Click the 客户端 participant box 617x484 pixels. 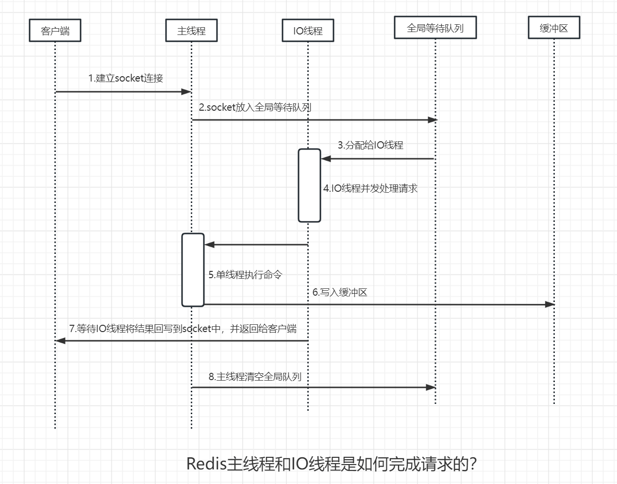click(x=55, y=31)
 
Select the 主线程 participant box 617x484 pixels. click(x=191, y=31)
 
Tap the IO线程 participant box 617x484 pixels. click(x=308, y=31)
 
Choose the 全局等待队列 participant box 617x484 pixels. click(x=435, y=28)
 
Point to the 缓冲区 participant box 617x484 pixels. click(x=553, y=28)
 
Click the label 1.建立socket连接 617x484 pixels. click(x=126, y=78)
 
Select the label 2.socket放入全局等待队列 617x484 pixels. click(x=255, y=107)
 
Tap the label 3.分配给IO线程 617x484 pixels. click(x=370, y=145)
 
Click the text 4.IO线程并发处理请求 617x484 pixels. click(x=370, y=188)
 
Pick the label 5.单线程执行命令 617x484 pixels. click(x=245, y=275)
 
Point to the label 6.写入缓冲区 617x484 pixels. click(x=340, y=292)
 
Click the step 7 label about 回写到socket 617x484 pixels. click(x=183, y=329)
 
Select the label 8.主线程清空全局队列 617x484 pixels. click(x=255, y=377)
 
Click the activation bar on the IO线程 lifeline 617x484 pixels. click(x=309, y=185)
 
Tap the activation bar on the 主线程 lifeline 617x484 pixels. click(x=193, y=270)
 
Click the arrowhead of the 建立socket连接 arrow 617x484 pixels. click(x=186, y=92)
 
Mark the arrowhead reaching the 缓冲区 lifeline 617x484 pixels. click(x=550, y=304)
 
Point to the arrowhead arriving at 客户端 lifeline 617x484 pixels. click(x=61, y=341)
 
